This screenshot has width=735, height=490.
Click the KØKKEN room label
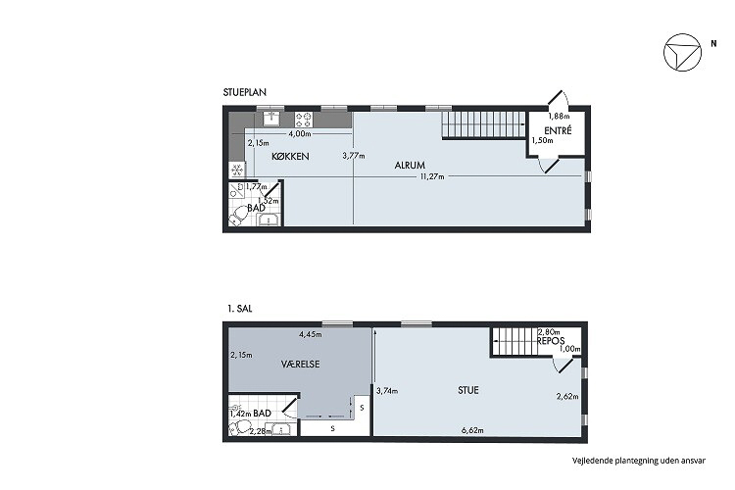(x=290, y=156)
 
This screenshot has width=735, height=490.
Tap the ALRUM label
(x=410, y=165)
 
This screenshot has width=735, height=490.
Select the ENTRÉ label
(x=558, y=130)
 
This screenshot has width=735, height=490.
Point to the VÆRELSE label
(x=301, y=364)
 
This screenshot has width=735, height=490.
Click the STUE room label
(x=468, y=390)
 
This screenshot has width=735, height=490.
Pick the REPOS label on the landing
(x=551, y=341)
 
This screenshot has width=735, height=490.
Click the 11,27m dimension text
(x=432, y=176)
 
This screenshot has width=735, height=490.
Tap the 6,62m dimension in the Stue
(x=472, y=430)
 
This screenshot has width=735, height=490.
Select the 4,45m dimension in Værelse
(x=311, y=334)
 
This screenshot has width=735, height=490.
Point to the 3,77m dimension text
(x=354, y=156)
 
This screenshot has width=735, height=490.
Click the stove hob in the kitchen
(x=303, y=120)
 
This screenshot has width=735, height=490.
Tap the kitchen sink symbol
(x=271, y=119)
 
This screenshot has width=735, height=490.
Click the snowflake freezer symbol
(x=237, y=170)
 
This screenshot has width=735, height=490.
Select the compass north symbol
(x=682, y=53)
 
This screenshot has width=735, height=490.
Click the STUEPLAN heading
(x=245, y=92)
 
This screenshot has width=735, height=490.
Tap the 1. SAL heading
(x=239, y=309)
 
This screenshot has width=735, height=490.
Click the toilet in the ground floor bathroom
(x=239, y=217)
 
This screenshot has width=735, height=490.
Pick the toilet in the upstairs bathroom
(x=239, y=427)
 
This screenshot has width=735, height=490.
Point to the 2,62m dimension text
(x=567, y=396)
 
